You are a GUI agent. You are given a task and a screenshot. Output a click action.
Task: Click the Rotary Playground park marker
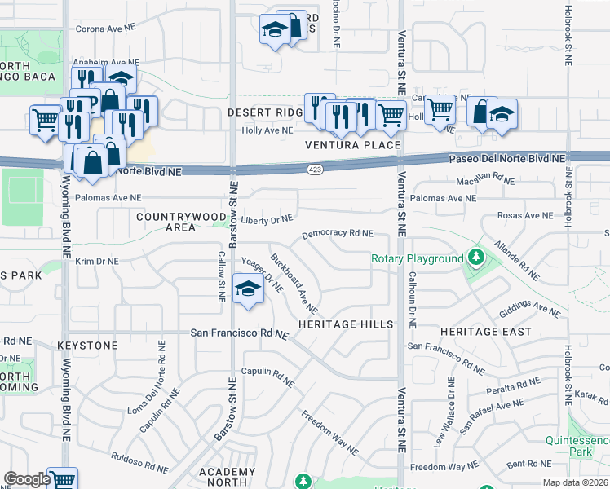(476, 259)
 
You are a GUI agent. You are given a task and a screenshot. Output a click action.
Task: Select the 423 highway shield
(315, 169)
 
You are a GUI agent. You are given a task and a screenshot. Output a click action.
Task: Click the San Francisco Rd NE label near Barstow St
(240, 333)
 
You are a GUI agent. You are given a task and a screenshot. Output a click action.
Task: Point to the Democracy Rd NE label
(338, 233)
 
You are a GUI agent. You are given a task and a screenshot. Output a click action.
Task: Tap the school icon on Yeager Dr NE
(247, 289)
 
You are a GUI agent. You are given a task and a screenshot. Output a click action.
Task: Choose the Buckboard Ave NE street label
(294, 286)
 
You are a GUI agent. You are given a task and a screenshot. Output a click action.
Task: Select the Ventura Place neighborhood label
(353, 145)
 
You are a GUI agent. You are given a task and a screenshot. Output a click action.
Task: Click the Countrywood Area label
(177, 222)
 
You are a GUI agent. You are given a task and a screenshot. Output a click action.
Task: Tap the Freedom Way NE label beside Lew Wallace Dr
(444, 467)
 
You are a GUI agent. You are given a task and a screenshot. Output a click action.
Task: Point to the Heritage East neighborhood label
(486, 332)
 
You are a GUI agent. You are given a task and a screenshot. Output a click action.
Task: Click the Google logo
(27, 479)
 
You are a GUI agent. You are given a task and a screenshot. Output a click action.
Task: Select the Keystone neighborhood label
(87, 346)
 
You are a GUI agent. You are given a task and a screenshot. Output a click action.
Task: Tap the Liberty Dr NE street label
(267, 219)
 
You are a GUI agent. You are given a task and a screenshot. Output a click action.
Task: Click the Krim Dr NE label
(97, 262)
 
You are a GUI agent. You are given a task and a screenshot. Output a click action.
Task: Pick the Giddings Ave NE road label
(530, 307)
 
